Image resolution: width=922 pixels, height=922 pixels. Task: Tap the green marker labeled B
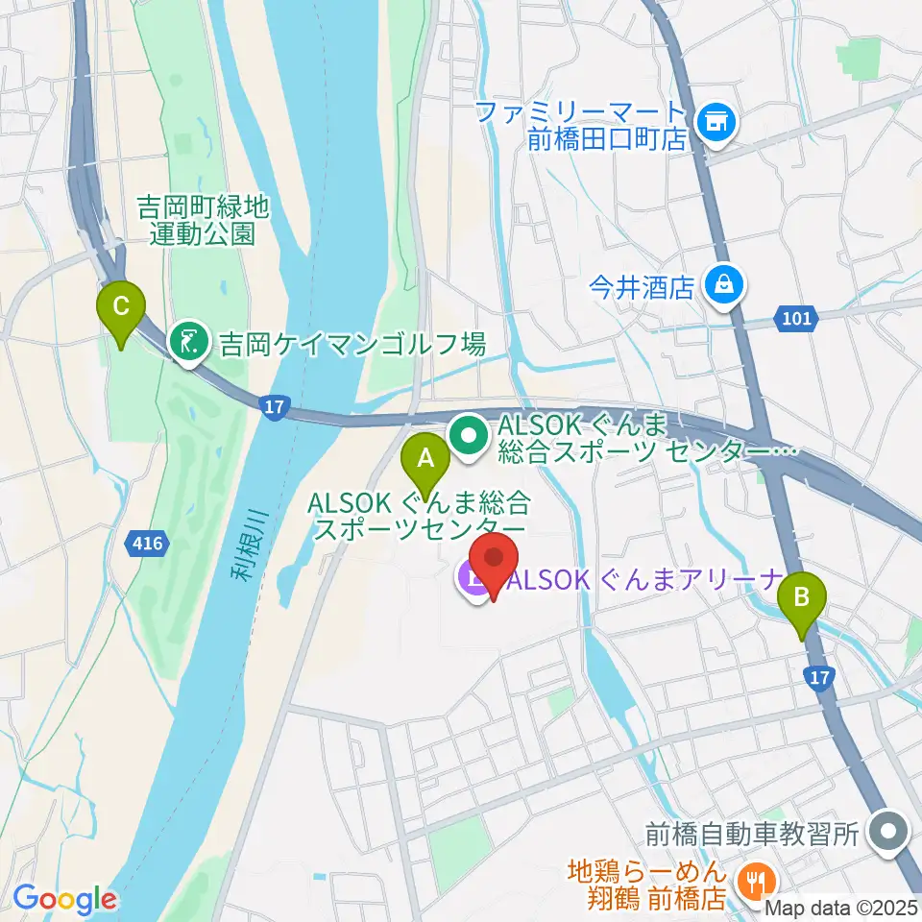coord(803,603)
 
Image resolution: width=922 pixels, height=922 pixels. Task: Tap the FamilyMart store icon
coord(714,121)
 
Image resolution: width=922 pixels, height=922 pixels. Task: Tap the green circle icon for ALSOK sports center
coord(470,436)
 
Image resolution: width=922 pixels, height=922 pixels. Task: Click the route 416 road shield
coord(147,545)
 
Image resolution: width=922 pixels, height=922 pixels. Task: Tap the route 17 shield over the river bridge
coord(274,408)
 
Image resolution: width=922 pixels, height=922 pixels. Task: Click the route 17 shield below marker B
coord(819,678)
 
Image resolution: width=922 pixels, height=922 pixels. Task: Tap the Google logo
coord(65,899)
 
